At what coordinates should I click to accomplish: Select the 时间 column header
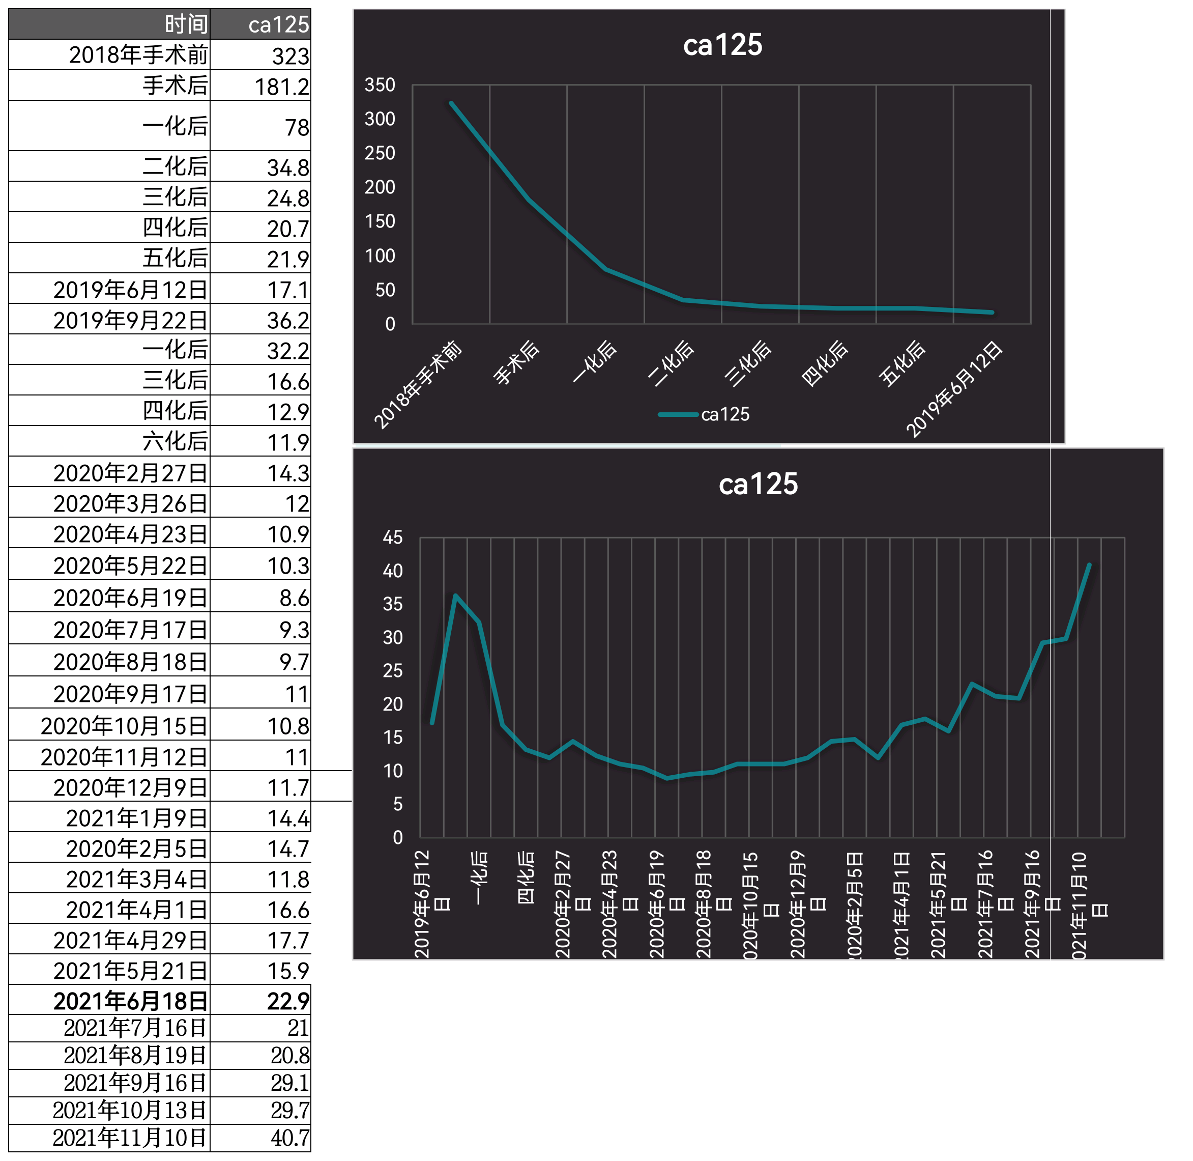(186, 24)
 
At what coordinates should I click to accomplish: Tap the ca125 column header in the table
(279, 24)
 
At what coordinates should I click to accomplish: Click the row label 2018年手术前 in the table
(138, 55)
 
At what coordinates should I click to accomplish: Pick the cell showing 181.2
(282, 86)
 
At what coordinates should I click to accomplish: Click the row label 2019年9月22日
(130, 320)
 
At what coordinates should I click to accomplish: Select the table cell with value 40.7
(289, 1138)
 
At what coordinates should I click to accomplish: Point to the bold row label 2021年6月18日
(130, 1001)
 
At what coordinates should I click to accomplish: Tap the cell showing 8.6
(294, 598)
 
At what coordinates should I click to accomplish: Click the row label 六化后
(175, 441)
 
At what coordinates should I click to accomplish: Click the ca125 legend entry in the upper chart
(704, 415)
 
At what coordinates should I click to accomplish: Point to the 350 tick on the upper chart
(380, 85)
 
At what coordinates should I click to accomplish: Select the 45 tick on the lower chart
(393, 537)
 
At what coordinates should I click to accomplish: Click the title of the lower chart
(758, 484)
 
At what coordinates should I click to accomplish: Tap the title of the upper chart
(722, 45)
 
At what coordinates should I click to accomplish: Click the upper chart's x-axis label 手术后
(516, 363)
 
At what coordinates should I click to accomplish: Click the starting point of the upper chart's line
(451, 103)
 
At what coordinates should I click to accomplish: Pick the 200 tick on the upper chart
(380, 187)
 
